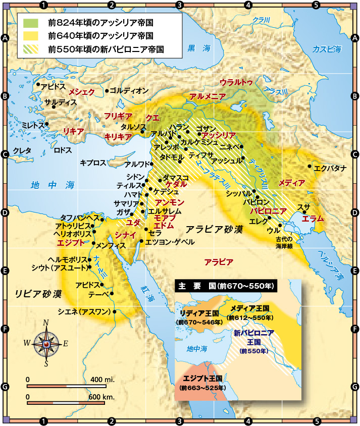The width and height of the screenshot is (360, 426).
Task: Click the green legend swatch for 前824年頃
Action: coord(30,23)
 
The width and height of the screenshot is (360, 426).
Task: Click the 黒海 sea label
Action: coord(198,48)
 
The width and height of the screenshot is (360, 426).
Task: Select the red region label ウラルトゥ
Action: coord(236,82)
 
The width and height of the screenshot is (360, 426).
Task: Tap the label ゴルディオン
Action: coord(129,91)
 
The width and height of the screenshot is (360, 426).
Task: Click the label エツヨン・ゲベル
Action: coord(170,242)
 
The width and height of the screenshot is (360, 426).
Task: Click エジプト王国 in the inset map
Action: coord(200,378)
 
